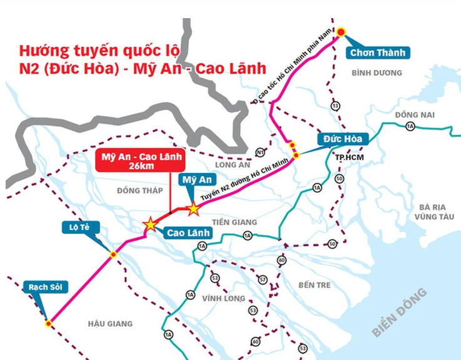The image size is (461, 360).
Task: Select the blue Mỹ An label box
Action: click(195, 180)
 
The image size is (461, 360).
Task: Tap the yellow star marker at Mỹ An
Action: click(194, 208)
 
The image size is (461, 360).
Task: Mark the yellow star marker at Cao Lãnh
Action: click(150, 223)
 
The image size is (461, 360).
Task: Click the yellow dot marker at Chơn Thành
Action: click(342, 32)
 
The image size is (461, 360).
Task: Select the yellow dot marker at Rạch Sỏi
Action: click(48, 323)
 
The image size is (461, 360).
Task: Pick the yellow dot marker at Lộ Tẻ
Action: click(113, 254)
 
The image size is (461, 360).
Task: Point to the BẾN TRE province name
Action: click(313, 285)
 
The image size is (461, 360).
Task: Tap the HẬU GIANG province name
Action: click(110, 323)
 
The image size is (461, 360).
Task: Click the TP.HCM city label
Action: click(348, 157)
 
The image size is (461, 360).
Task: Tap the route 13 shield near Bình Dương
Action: click(336, 106)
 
